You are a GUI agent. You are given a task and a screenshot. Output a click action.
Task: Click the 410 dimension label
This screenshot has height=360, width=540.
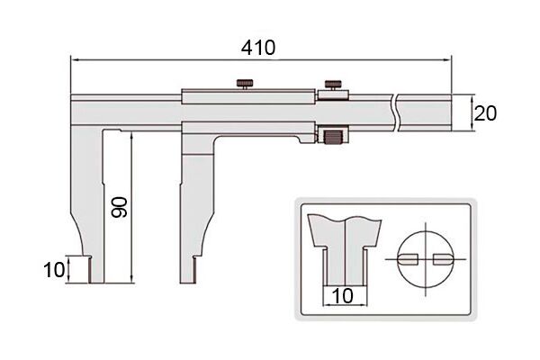point(258,48)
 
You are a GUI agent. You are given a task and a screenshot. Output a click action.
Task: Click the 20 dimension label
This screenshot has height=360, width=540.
point(485,113)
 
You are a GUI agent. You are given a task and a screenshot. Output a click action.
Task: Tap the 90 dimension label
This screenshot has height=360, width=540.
point(120,207)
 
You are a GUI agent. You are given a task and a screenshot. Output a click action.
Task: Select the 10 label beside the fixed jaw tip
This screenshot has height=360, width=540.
point(54,270)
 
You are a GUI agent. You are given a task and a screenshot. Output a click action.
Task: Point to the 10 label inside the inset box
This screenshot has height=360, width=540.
point(343,295)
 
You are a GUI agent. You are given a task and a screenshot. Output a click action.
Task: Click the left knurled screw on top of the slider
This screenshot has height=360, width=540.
point(245,84)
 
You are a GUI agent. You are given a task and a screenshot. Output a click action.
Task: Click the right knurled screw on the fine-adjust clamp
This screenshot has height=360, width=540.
point(333,85)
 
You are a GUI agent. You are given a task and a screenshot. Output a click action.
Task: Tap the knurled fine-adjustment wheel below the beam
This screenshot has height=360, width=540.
point(333,137)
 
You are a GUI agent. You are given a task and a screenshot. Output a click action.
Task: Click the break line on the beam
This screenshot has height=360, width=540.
point(395,112)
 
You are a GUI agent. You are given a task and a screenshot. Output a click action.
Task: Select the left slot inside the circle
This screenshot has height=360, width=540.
point(408,259)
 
